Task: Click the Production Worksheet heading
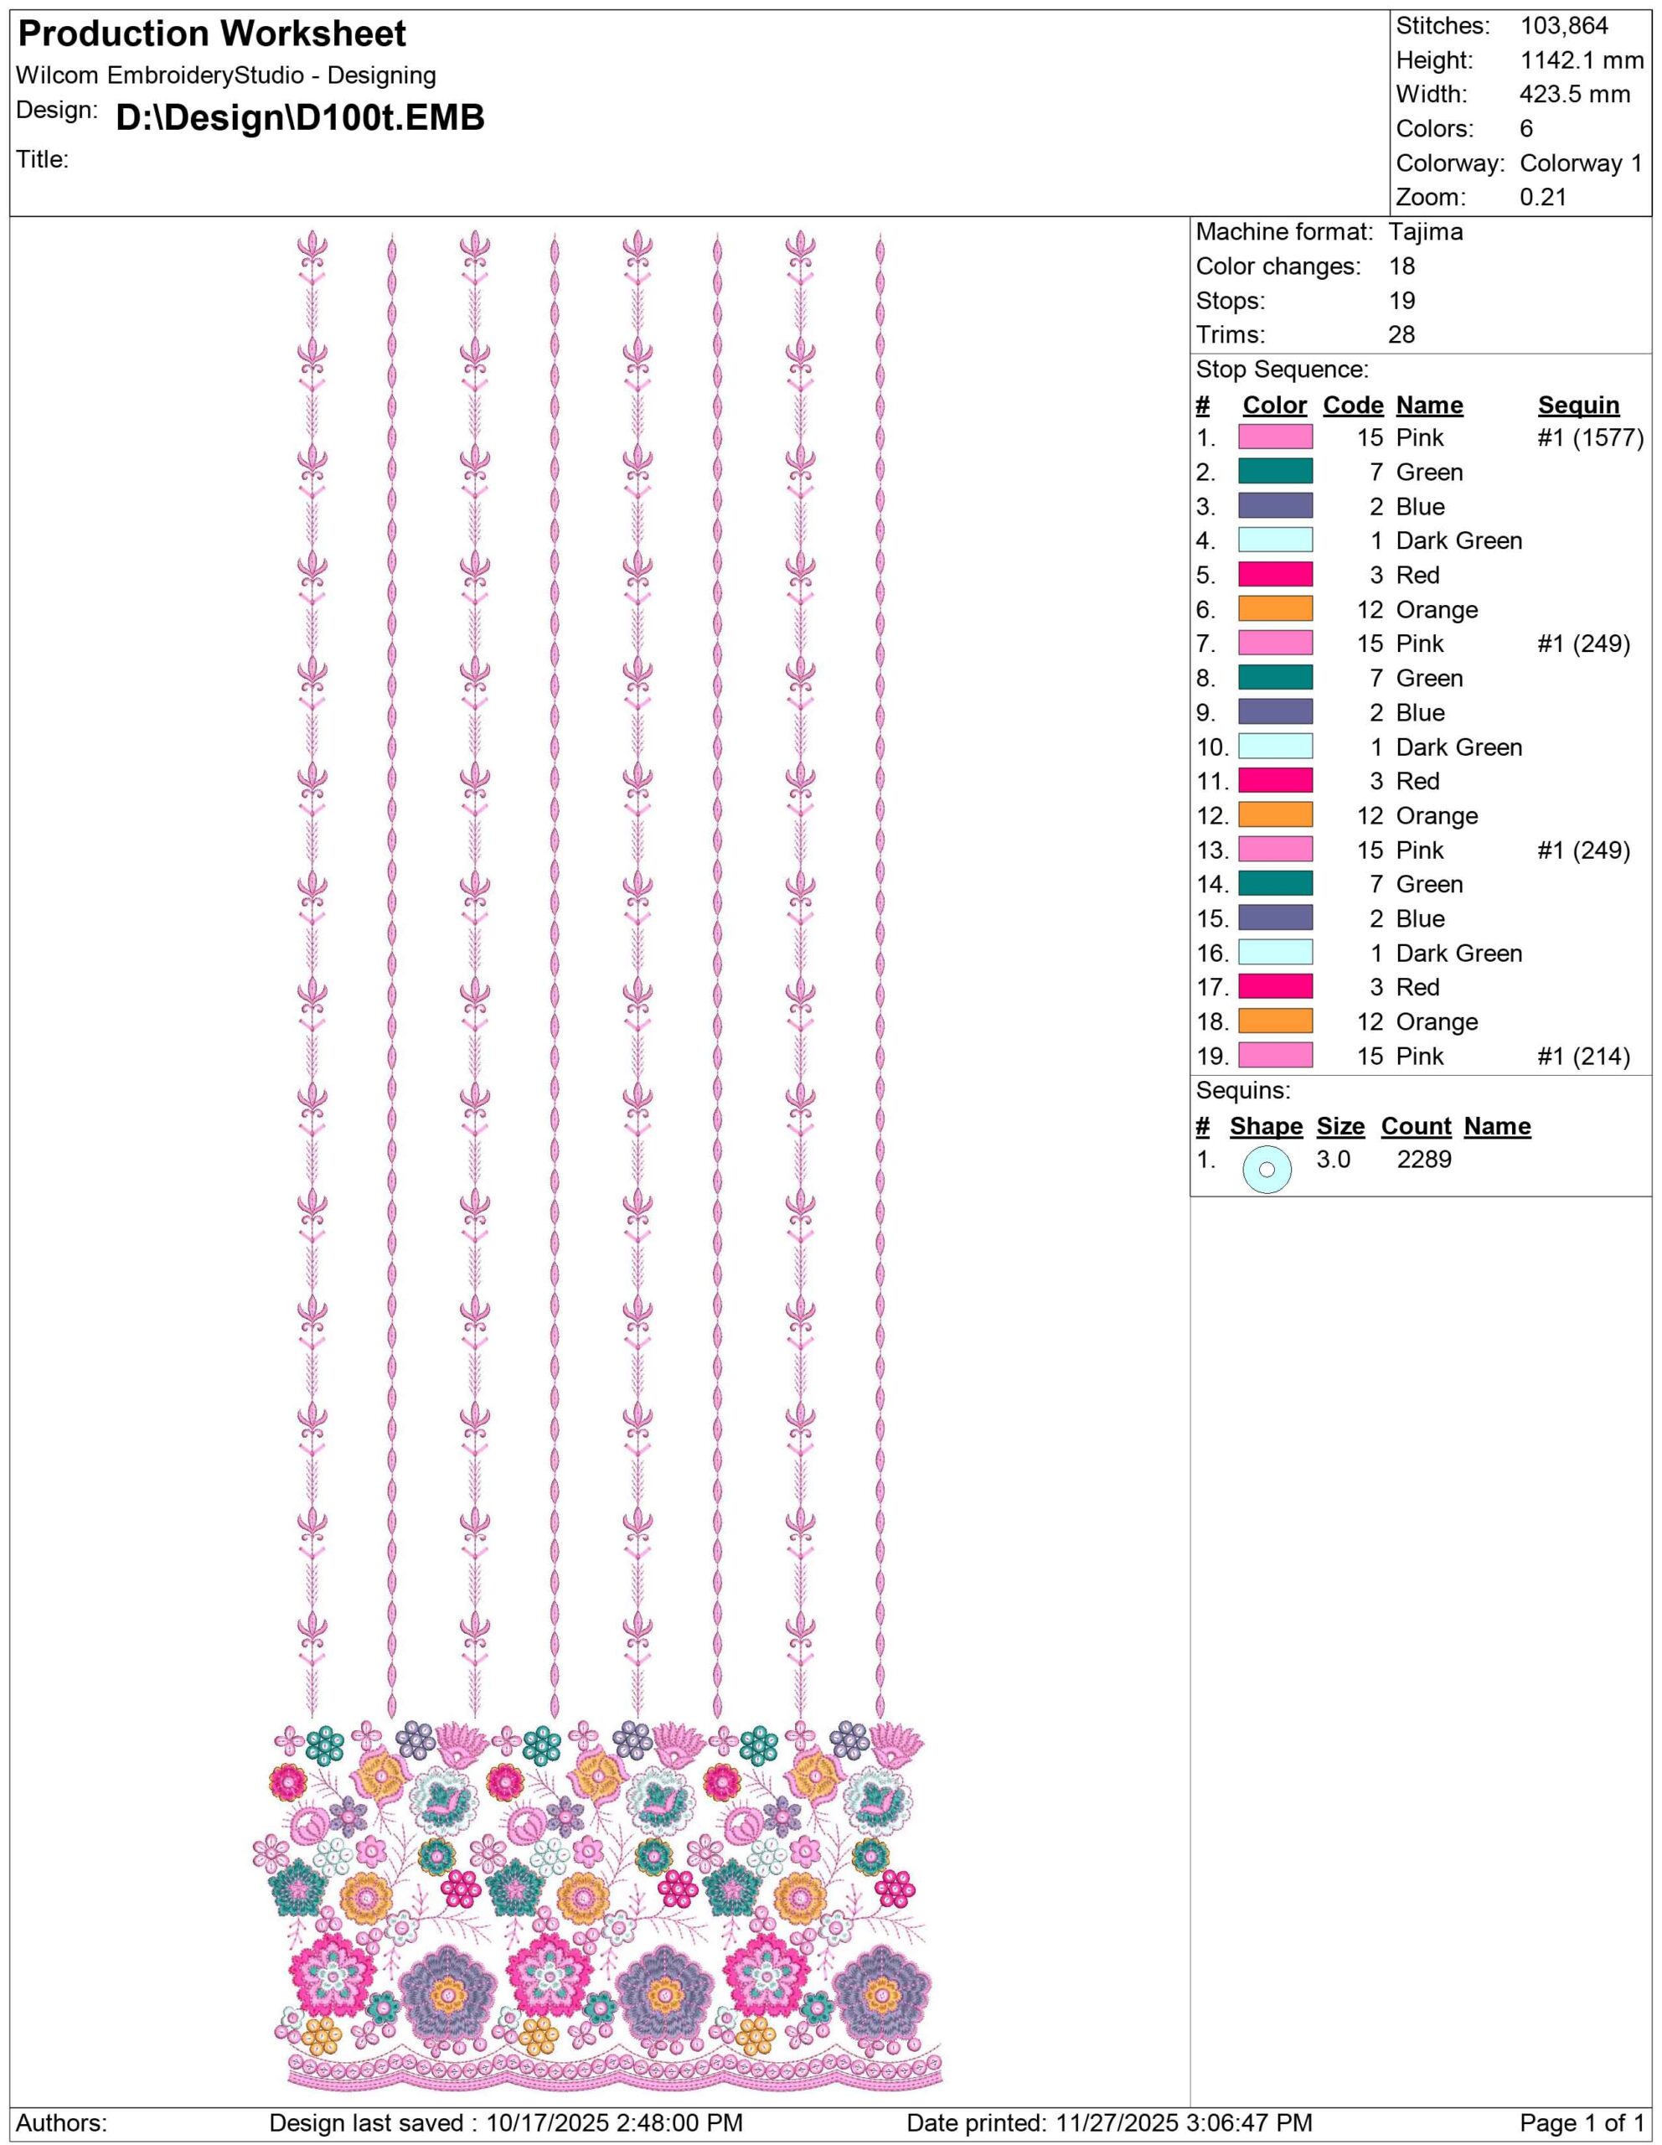(x=212, y=34)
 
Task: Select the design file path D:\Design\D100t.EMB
(x=299, y=118)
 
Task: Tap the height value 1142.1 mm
(x=1582, y=61)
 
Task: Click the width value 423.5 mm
(x=1574, y=96)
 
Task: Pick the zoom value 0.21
(x=1543, y=198)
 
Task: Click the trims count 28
(x=1401, y=335)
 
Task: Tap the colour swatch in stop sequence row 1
(x=1274, y=438)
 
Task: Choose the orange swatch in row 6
(x=1274, y=610)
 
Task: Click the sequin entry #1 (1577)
(x=1589, y=438)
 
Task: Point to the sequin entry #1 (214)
(x=1582, y=1057)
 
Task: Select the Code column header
(x=1353, y=406)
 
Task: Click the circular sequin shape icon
(x=1267, y=1170)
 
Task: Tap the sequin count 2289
(x=1423, y=1160)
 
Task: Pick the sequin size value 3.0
(x=1333, y=1160)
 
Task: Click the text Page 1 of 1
(x=1582, y=2123)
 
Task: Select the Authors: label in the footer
(x=62, y=2123)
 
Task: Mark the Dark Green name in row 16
(x=1458, y=954)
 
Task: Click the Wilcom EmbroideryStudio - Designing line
(x=227, y=75)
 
